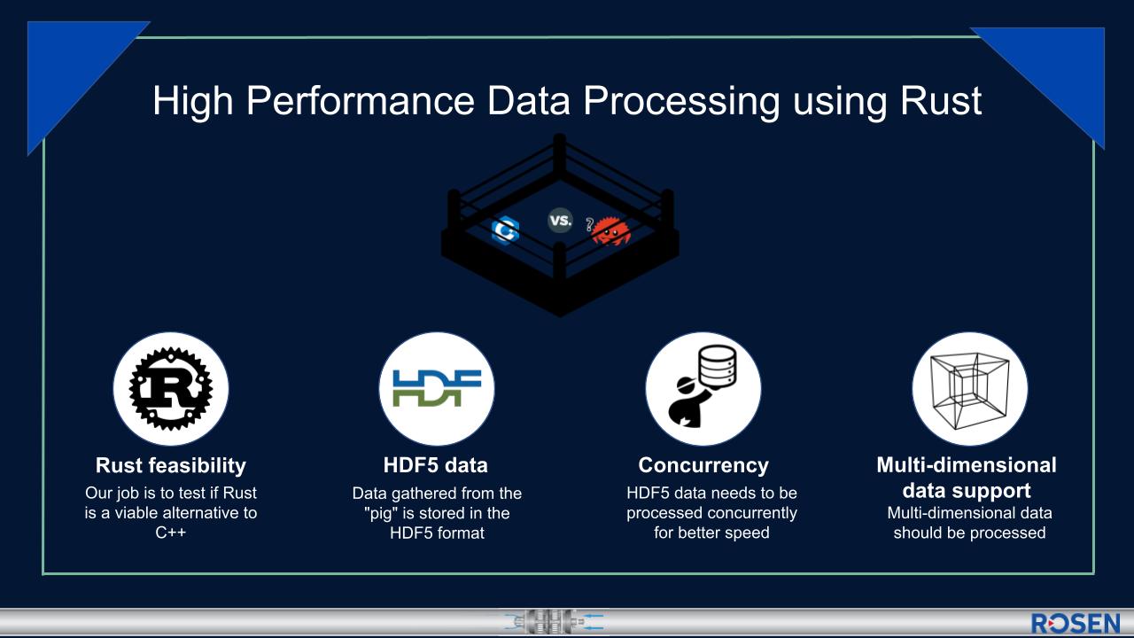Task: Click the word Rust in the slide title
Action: point(941,100)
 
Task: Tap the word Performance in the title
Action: point(361,100)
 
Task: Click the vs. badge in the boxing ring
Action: point(561,221)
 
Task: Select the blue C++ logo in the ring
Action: point(505,230)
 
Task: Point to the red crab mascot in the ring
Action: point(610,231)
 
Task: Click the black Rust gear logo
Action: point(171,389)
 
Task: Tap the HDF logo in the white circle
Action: point(437,388)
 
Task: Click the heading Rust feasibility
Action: point(171,465)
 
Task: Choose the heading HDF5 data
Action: point(435,465)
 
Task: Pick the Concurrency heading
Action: point(703,465)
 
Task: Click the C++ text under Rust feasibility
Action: point(171,533)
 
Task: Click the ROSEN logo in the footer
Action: point(1076,623)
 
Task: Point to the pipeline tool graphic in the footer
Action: point(554,622)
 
